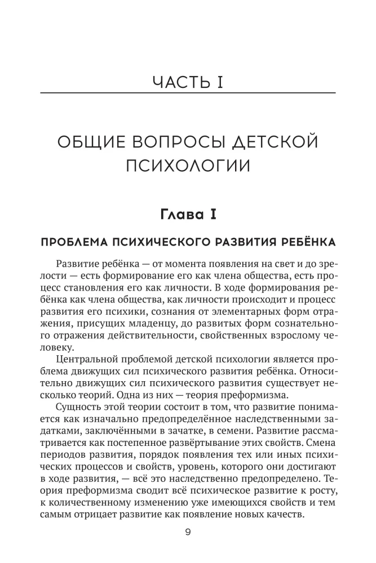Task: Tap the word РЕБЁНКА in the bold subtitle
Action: (x=307, y=242)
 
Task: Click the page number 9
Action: (x=188, y=531)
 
